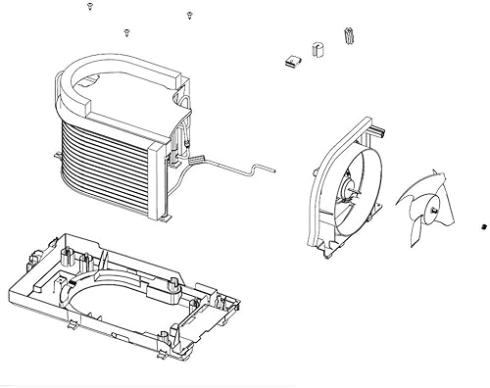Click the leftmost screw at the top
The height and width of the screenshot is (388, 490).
pos(89,7)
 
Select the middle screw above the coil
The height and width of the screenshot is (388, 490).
pos(126,32)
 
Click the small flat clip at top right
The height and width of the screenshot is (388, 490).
pos(288,62)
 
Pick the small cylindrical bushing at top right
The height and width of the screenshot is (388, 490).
pos(317,48)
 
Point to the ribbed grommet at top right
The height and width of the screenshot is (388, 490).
pos(349,36)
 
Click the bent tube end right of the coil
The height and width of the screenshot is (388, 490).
pos(260,169)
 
